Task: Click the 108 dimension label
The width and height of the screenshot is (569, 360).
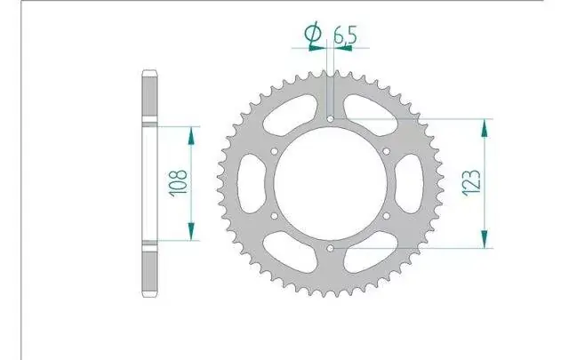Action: click(179, 182)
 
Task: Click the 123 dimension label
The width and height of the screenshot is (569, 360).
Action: click(472, 183)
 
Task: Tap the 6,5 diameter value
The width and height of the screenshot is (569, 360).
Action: click(345, 35)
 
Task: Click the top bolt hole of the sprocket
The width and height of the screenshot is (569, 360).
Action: click(330, 119)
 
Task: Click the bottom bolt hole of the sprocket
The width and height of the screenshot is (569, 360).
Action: click(330, 249)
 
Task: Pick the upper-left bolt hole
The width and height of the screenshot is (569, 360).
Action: click(275, 151)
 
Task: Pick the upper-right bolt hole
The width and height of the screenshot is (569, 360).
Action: click(387, 151)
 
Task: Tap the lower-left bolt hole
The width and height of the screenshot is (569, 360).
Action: click(275, 216)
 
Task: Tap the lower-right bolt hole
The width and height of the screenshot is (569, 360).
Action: click(387, 216)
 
